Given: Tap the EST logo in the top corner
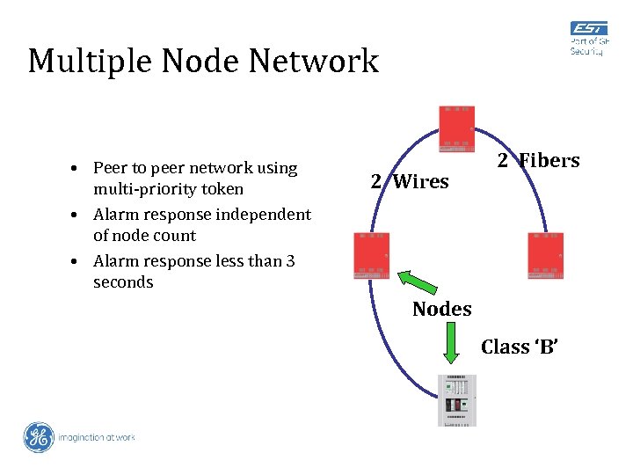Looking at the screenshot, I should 587,39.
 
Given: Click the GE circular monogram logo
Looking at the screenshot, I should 39,437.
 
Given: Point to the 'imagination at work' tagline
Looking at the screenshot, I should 97,437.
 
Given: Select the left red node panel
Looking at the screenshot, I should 371,256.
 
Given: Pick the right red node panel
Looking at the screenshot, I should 545,256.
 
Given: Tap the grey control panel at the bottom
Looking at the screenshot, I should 457,400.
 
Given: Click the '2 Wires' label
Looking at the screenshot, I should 409,182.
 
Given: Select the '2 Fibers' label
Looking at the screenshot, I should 538,160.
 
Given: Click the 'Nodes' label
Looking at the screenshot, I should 441,309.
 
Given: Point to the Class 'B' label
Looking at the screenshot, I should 519,347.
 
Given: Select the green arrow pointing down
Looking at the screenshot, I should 450,342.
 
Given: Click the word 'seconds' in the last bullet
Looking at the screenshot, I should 123,282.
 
